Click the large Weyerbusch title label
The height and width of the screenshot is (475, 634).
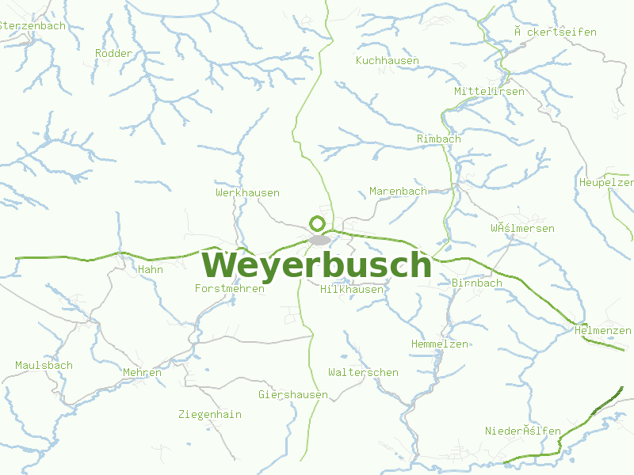tap(317, 264)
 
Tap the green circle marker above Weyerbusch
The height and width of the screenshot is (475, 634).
tap(318, 223)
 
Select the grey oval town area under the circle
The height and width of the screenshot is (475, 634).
tap(320, 239)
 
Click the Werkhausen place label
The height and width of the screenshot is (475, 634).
tap(247, 192)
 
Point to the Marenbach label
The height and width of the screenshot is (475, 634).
tap(398, 191)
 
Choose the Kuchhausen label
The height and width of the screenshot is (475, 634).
tap(388, 60)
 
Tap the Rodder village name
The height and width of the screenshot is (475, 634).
tap(113, 53)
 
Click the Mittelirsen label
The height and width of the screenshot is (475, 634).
tap(489, 91)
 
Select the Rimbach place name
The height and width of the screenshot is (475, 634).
tap(438, 139)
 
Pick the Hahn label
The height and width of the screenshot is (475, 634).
tap(151, 269)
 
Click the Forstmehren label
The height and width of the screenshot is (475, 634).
tap(230, 288)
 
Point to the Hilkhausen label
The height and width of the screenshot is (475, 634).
tap(352, 289)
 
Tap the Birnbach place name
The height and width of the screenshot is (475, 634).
tap(477, 283)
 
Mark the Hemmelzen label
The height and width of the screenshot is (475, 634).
tap(440, 344)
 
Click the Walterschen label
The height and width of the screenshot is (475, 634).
tap(363, 372)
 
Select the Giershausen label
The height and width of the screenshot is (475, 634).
tap(293, 394)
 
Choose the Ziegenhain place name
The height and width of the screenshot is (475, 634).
tap(210, 414)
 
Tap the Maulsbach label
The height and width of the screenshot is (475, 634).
tap(44, 365)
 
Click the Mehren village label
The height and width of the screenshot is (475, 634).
tap(143, 372)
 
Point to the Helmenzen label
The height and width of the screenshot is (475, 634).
tap(602, 330)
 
